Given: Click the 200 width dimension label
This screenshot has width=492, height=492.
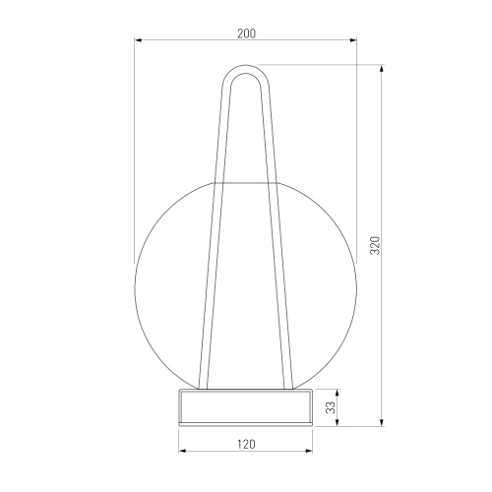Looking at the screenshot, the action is pos(246,33).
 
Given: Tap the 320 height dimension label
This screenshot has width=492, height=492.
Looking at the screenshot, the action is pos(375,245).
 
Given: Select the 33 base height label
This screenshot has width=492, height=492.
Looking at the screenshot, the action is pos(332,407).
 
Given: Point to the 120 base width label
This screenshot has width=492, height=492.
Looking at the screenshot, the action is pos(246,444).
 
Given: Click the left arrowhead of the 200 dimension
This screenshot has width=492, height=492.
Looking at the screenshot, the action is pos(138,40).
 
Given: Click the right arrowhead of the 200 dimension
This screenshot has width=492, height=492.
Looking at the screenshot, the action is pos(353,40).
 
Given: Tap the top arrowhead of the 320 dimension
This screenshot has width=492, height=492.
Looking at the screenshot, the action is pos(382,68).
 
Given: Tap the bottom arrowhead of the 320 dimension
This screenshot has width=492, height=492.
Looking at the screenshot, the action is pos(382,423).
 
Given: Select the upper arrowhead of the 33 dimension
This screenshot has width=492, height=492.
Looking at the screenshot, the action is pos(338,393).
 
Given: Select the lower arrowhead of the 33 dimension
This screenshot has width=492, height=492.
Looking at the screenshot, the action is pos(338,423).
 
